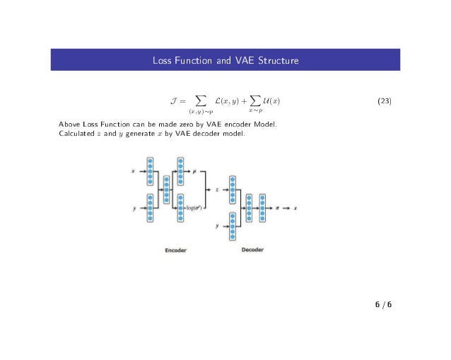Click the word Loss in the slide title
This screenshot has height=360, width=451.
(x=162, y=60)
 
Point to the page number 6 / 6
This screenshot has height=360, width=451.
(x=384, y=305)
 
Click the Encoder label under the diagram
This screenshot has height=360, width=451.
(x=176, y=250)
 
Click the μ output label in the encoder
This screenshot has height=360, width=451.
(x=194, y=170)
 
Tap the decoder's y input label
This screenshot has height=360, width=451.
(x=218, y=226)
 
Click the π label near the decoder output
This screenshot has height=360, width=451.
(x=278, y=208)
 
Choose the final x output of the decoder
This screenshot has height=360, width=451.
(x=295, y=208)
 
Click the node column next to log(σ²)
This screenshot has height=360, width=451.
(x=180, y=207)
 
